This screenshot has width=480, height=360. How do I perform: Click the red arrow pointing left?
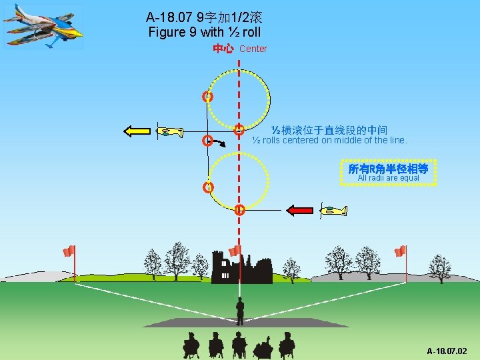(x=299, y=210)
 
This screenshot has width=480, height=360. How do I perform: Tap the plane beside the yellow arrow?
(x=169, y=131)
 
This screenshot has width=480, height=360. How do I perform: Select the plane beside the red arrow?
(x=333, y=211)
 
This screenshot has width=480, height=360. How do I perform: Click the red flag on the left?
(x=69, y=251)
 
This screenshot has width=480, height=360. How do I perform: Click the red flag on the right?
(x=400, y=251)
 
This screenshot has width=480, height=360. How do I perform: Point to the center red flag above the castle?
(x=234, y=251)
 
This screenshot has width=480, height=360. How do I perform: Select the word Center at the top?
(x=253, y=49)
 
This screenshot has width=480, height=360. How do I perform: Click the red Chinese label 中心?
(x=223, y=49)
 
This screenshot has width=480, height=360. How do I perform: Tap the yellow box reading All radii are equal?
(x=388, y=171)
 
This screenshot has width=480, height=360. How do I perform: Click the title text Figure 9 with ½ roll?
(x=205, y=32)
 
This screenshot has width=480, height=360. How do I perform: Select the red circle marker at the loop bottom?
(x=239, y=209)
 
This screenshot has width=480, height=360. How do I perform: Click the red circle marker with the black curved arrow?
(x=207, y=141)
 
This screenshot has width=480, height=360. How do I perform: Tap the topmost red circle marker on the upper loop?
(x=208, y=97)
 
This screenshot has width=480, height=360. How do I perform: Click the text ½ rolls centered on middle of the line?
(x=329, y=141)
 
